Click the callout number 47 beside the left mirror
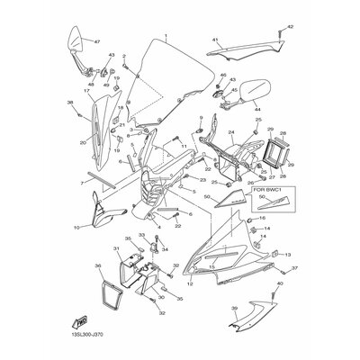coord(97,42)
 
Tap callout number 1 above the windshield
coord(166,39)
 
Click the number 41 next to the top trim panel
coord(215,40)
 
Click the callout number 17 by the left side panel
coord(86,91)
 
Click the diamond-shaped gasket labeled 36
coord(111,287)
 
